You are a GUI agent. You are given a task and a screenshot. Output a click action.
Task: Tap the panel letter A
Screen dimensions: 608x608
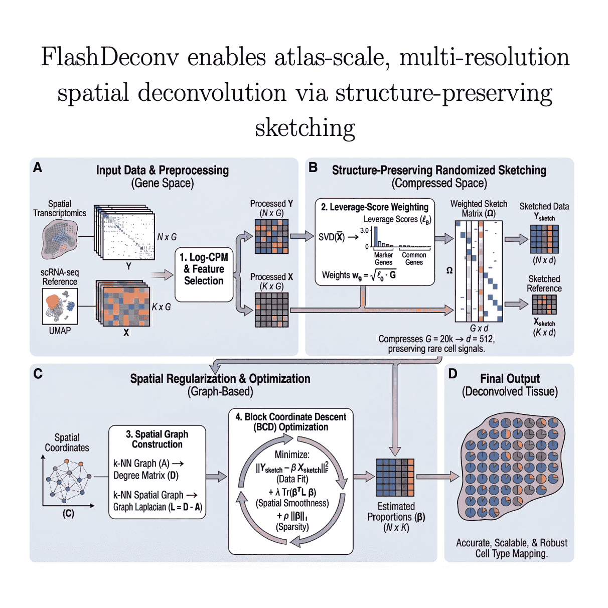tap(38, 168)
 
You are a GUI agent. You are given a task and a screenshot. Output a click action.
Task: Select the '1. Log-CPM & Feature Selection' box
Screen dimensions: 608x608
tap(204, 269)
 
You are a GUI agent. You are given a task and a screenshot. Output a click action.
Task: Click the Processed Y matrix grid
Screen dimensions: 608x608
tap(271, 237)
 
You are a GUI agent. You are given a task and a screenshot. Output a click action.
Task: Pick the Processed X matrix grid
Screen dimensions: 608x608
tap(271, 310)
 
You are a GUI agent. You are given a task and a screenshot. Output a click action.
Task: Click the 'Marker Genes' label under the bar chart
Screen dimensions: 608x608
tap(383, 258)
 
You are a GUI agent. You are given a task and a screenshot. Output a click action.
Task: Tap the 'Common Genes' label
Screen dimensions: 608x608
tap(414, 258)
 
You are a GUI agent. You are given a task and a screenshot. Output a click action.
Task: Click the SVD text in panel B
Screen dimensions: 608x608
tap(332, 237)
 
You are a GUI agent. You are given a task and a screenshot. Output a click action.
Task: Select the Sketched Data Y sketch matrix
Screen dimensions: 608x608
tap(544, 239)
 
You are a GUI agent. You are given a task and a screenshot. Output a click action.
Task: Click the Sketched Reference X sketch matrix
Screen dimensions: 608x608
tap(544, 305)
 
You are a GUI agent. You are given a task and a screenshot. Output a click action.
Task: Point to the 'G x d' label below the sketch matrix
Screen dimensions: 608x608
tap(479, 328)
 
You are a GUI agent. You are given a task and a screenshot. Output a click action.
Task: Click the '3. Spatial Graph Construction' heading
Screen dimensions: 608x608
tap(157, 439)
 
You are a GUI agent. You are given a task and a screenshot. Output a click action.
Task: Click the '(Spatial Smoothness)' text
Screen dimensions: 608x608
tap(292, 503)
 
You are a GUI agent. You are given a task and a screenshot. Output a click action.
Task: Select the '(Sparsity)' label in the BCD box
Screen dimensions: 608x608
tap(292, 527)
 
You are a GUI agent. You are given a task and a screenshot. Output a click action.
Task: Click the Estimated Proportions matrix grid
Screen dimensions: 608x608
tap(395, 478)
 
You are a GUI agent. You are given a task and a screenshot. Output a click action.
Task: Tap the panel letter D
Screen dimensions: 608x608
tap(452, 374)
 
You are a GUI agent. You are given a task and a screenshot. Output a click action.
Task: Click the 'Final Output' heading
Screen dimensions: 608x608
tap(510, 379)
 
